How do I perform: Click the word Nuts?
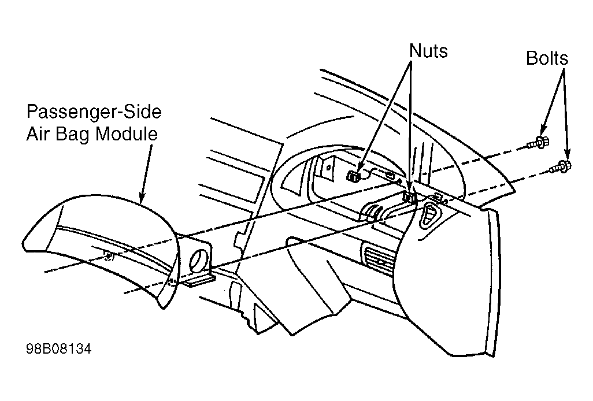coord(428,51)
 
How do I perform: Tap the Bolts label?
coord(547,58)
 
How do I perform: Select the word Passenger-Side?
coord(94,112)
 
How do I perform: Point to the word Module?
coord(127,134)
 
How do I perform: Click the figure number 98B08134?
coord(58,348)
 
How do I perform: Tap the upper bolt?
coord(539,143)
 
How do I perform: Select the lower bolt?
coord(561,166)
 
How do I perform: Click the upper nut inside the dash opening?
coord(353,176)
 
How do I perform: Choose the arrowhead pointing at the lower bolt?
coord(567,154)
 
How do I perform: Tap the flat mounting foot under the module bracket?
coord(199,280)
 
